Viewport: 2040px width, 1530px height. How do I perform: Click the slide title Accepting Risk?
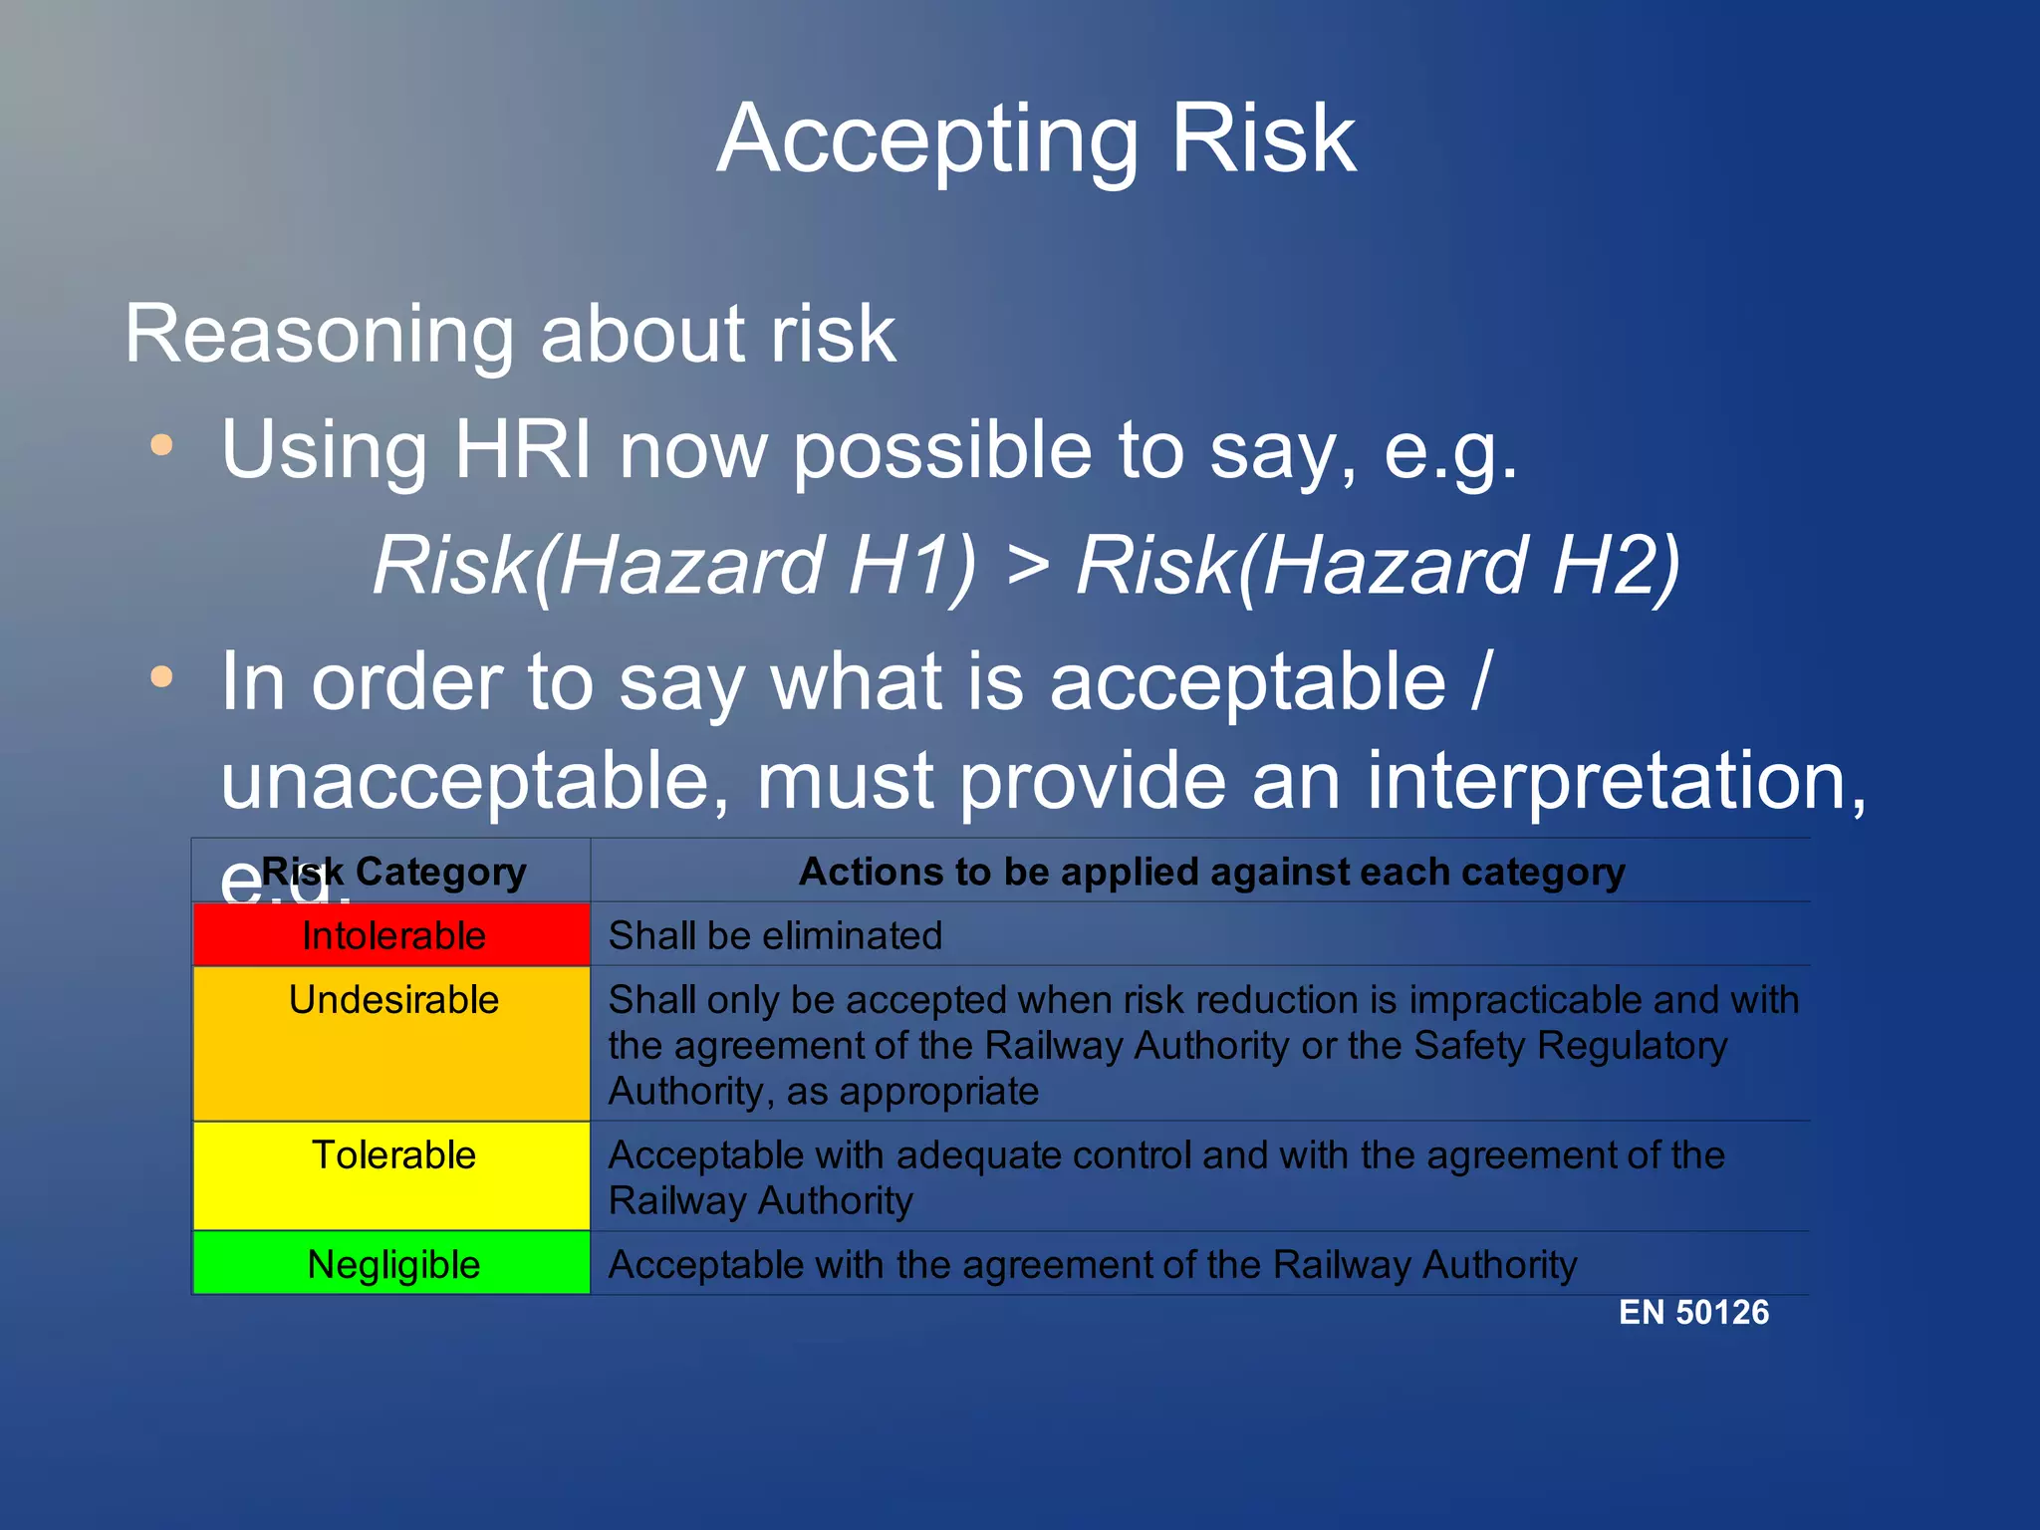(x=1035, y=139)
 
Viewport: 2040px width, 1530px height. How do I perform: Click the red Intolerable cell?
(x=392, y=935)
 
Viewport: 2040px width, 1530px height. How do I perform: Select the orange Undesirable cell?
(x=392, y=1042)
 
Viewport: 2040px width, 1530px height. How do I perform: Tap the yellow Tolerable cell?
(x=392, y=1175)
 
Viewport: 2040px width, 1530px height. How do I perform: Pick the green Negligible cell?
(x=392, y=1264)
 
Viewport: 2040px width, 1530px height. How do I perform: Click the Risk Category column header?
(x=392, y=872)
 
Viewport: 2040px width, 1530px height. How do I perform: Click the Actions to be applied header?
(x=1211, y=872)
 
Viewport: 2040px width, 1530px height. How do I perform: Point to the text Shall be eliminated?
(x=775, y=936)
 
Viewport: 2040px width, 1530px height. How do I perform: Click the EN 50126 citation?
(x=1693, y=1313)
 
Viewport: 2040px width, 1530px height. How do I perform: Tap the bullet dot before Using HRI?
(x=161, y=445)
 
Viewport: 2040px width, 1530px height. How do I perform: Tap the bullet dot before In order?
(x=161, y=678)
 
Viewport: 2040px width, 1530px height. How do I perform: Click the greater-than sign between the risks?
(x=1028, y=566)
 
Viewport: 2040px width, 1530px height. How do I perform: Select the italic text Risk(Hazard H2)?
(x=1379, y=566)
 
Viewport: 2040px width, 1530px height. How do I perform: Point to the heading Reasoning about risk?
(x=510, y=334)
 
